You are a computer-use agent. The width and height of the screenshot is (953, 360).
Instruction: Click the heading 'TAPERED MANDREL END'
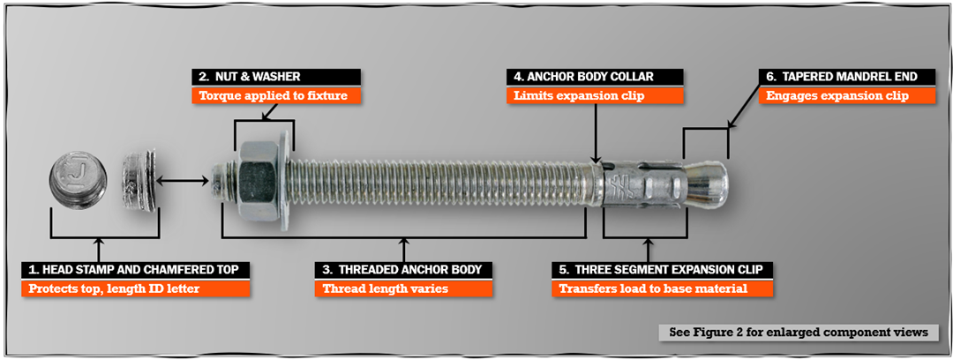pos(848,77)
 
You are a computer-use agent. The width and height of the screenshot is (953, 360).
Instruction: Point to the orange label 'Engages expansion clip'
pos(848,95)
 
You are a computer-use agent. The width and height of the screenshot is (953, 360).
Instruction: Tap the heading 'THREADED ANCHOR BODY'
pos(404,269)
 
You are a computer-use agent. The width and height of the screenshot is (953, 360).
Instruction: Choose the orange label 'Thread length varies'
pos(404,288)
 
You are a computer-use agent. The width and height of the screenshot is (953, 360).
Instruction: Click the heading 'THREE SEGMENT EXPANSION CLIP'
pos(663,269)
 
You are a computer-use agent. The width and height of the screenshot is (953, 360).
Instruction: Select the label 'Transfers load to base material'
pos(663,288)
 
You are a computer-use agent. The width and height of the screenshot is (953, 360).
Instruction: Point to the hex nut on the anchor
pos(257,183)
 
